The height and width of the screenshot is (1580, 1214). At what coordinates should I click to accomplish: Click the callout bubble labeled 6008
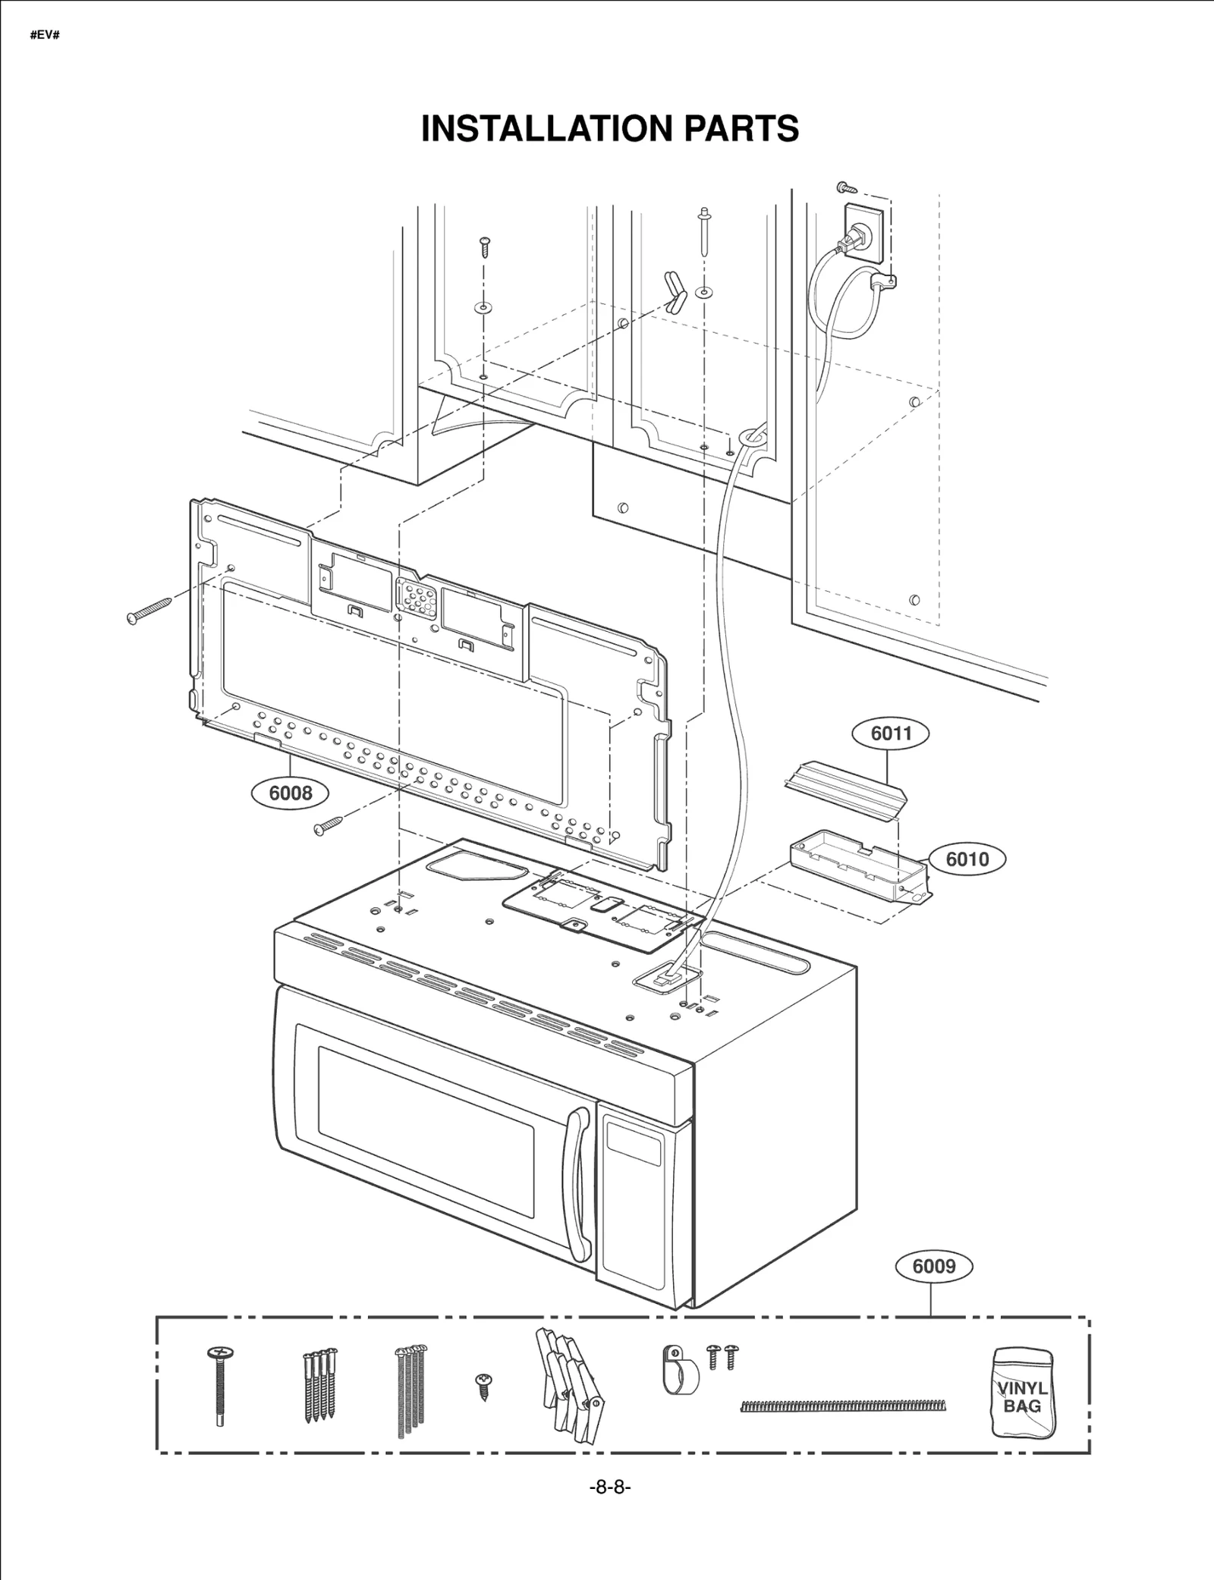[x=291, y=793]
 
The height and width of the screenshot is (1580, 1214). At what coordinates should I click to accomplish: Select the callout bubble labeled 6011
[x=891, y=733]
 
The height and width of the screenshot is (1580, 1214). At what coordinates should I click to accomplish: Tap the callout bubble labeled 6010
[x=967, y=859]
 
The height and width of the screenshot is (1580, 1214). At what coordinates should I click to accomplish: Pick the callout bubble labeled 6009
[x=933, y=1267]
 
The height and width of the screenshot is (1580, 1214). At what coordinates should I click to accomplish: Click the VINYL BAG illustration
[x=1022, y=1391]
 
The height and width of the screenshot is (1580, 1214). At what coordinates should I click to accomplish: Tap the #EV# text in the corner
[x=45, y=36]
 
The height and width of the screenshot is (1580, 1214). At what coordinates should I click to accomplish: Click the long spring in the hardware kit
[x=842, y=1406]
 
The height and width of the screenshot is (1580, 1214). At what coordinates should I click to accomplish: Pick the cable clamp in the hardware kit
[x=678, y=1371]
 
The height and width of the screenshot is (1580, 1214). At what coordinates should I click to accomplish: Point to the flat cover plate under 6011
[x=845, y=790]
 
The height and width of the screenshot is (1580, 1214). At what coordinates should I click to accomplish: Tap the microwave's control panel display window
[x=634, y=1153]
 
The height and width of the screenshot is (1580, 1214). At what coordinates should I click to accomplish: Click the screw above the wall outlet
[x=847, y=186]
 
